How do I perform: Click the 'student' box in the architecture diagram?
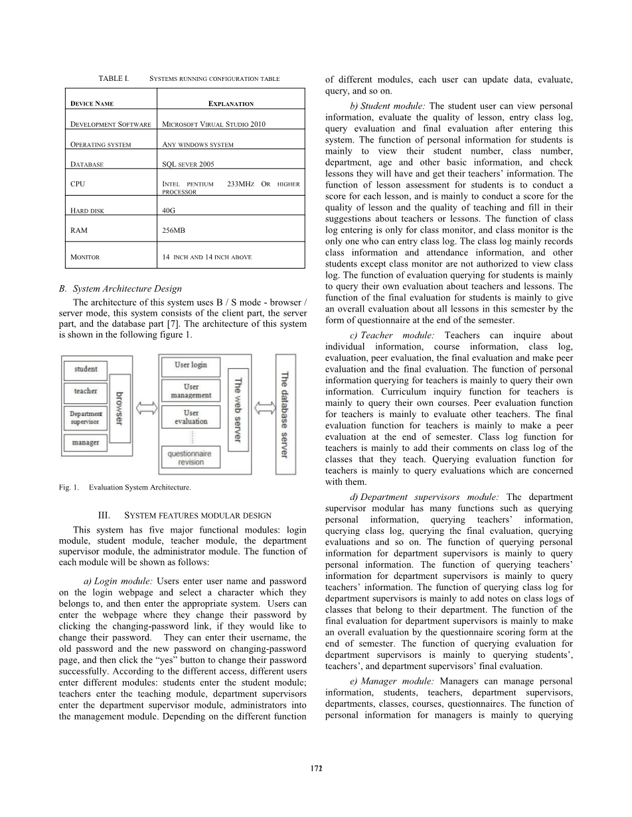(86, 369)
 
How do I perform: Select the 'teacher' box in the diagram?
(86, 391)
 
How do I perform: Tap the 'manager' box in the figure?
(86, 442)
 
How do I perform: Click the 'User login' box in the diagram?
(191, 365)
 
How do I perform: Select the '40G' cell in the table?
(169, 210)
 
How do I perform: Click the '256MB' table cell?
(174, 229)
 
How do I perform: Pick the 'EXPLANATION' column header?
(230, 104)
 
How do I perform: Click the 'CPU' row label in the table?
(77, 183)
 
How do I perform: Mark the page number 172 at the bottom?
(316, 768)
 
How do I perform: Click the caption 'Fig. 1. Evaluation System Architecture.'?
(125, 487)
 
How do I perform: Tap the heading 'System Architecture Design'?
(127, 288)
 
